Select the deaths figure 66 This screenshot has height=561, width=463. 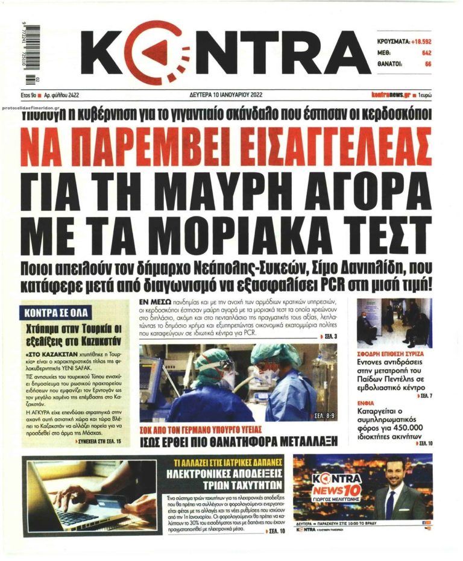point(427,63)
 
